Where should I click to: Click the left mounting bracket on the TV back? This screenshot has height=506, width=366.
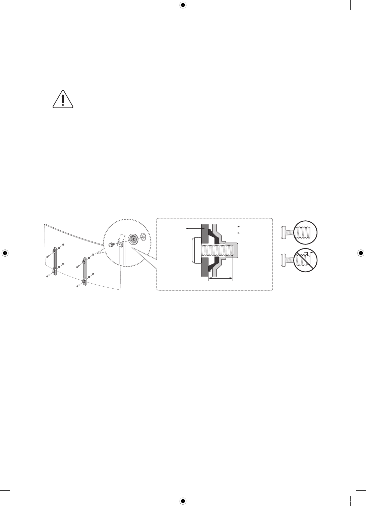55,261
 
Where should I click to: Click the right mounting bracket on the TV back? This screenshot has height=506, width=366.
84,271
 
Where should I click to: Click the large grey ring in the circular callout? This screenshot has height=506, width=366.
133,239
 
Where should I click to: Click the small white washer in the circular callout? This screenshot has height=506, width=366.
143,236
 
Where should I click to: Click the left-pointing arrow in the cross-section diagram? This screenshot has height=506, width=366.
194,228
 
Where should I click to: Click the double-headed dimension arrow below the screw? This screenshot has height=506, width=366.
220,278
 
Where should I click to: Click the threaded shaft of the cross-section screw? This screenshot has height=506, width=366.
218,250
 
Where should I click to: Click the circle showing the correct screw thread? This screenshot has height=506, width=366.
305,231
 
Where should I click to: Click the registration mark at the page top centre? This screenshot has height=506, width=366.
183,5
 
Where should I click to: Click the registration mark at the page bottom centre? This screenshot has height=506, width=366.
183,501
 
